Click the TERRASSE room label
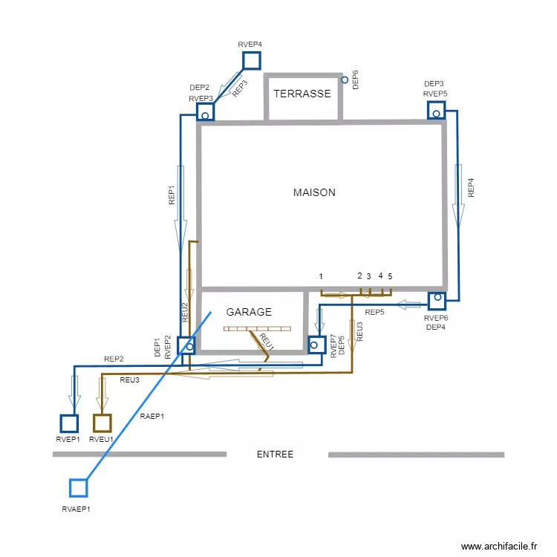point(302,94)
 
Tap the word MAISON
point(314,192)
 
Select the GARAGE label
point(249,312)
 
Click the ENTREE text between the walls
point(275,455)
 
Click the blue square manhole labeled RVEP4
point(252,60)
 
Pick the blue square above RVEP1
point(69,423)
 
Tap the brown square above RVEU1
point(102,423)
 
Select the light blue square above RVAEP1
point(78,488)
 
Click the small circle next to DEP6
point(345,79)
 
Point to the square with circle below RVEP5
point(436,111)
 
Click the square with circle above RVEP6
point(437,300)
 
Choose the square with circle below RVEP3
point(205,112)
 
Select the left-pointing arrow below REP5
point(408,304)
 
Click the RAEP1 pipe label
point(152,416)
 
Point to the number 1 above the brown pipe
point(321,276)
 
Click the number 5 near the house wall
point(390,276)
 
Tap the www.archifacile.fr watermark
point(498,546)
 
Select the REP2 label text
point(114,359)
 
